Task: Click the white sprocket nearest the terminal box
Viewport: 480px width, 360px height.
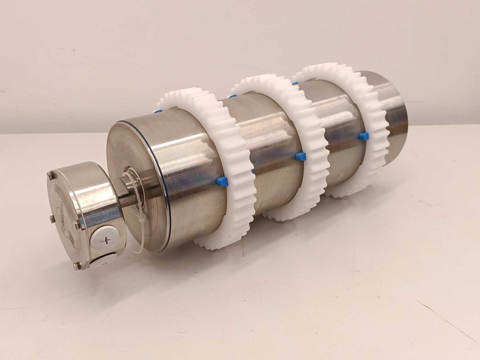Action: (x=233, y=166)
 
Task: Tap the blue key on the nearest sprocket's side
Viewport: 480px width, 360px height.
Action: (x=222, y=181)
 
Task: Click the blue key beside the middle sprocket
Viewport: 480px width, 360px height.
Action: (x=300, y=156)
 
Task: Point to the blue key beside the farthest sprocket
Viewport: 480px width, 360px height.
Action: (x=364, y=136)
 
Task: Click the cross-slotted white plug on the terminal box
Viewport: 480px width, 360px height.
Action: (x=106, y=239)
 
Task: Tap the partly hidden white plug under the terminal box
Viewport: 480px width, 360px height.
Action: (x=101, y=261)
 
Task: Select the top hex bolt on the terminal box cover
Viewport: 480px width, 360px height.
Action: (x=51, y=174)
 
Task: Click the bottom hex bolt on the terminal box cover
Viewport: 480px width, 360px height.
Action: (x=77, y=266)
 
